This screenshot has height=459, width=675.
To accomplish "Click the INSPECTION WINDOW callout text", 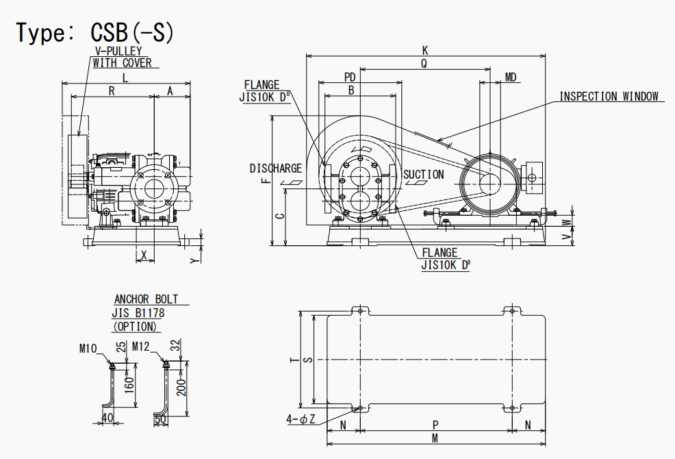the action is [x=609, y=96].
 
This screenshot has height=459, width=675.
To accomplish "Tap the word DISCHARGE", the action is [x=276, y=168].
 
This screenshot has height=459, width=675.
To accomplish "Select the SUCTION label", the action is [x=424, y=175].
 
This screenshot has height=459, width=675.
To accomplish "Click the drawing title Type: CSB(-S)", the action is [x=95, y=32].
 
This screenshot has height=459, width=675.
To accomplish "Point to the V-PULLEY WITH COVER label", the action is [x=123, y=57].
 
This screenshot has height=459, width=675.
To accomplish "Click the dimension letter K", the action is [x=425, y=51].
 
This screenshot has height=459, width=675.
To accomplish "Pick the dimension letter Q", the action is [x=424, y=63].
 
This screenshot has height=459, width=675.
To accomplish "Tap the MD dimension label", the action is [x=511, y=77].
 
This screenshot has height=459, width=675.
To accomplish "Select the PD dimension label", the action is [x=350, y=77].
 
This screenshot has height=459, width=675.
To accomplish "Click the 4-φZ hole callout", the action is [x=301, y=419].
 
